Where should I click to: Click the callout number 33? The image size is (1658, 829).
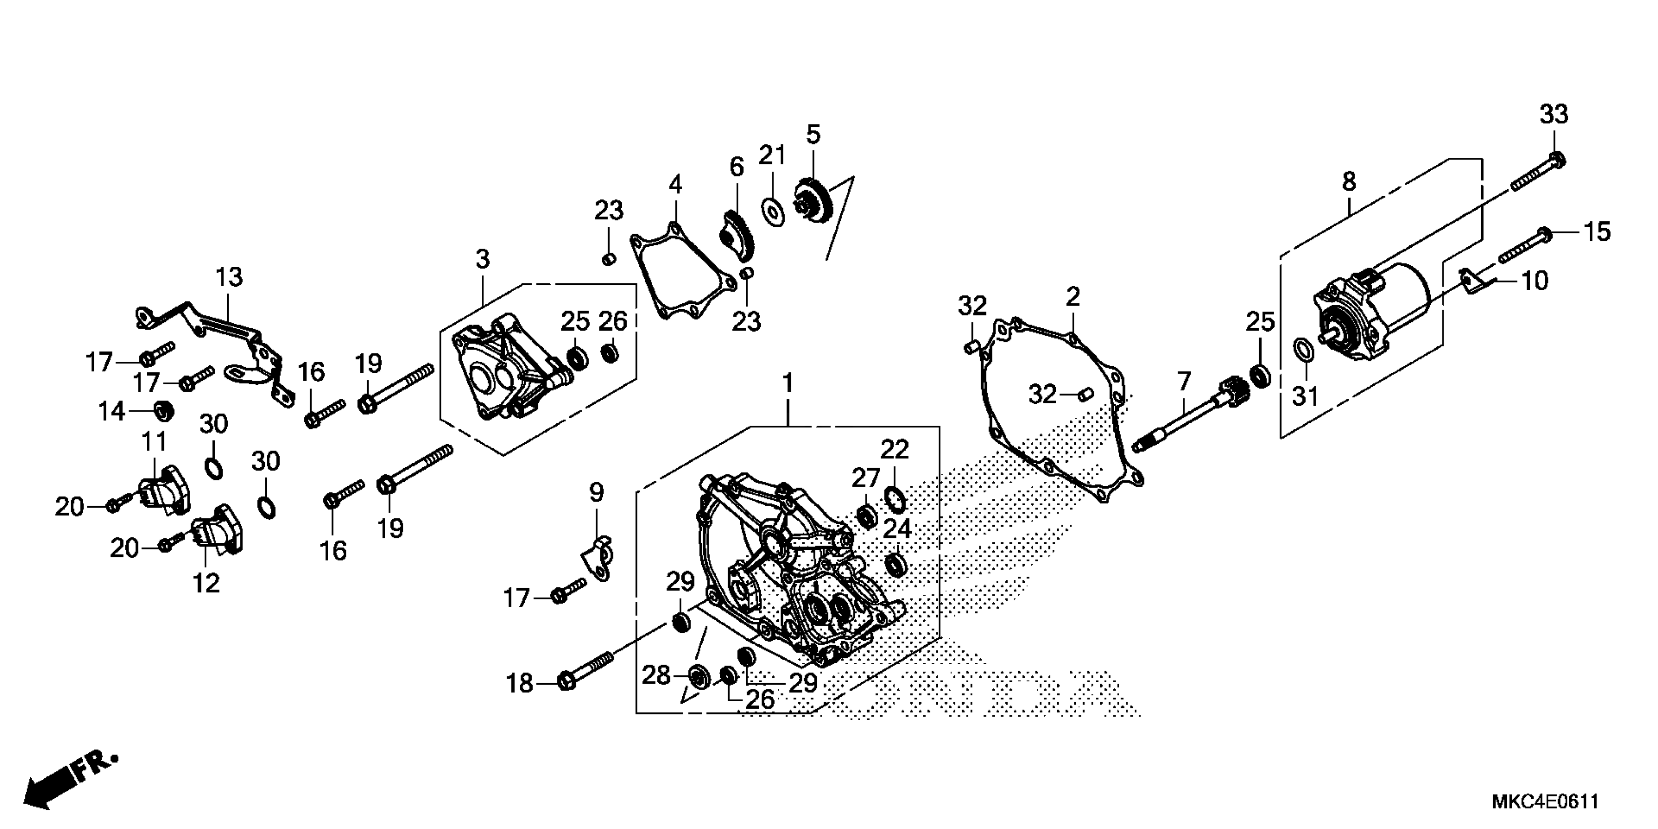click(1553, 115)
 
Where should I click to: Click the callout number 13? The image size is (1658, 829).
click(229, 277)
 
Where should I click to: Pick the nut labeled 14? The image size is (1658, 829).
click(163, 409)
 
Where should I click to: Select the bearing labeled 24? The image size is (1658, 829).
click(895, 564)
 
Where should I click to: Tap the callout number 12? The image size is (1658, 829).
click(206, 583)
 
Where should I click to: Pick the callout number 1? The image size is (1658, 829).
click(787, 384)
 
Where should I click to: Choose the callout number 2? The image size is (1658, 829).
click(1072, 297)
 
